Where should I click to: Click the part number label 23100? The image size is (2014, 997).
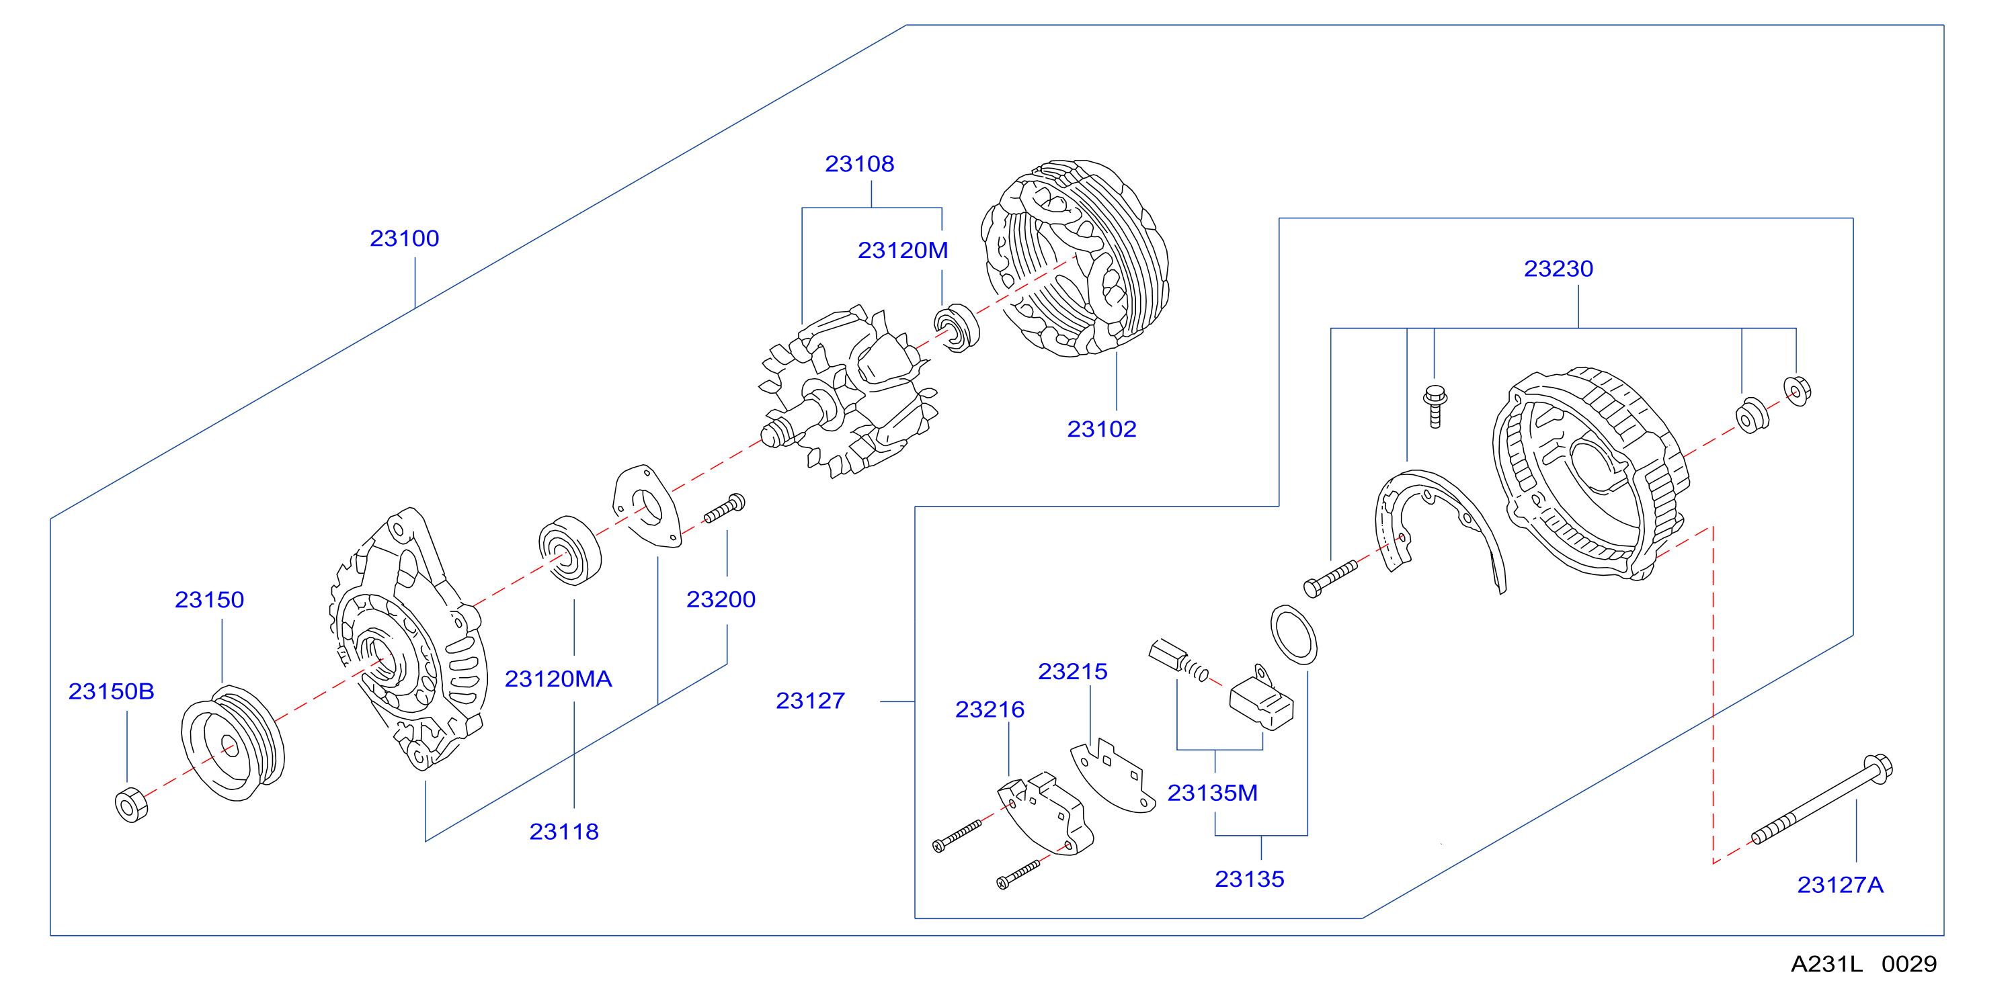404,238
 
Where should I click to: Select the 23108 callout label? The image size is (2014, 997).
859,163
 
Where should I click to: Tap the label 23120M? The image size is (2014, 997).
903,250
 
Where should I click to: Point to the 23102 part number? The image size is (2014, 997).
1102,429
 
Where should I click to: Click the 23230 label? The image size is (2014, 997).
1558,269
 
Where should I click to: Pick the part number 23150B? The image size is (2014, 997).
111,691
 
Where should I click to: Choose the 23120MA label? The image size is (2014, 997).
558,679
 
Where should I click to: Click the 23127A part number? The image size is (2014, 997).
1841,885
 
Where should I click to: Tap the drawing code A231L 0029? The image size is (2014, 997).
1864,964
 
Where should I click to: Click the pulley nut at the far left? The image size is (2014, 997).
130,806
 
